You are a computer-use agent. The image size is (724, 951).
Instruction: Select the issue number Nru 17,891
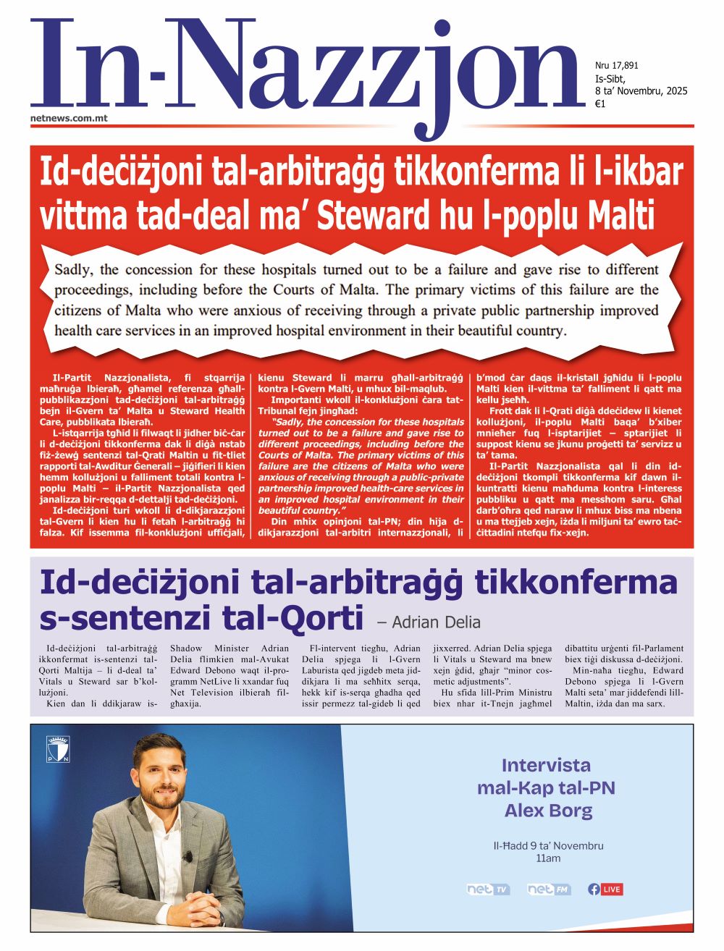pos(616,66)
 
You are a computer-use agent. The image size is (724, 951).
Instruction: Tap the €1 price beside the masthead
pos(599,104)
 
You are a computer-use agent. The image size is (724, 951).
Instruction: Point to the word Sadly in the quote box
pos(75,270)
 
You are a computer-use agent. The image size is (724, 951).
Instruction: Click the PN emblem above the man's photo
pos(58,750)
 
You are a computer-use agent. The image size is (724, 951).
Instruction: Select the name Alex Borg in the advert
pos(548,811)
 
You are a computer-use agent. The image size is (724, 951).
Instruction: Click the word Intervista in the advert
pos(546,765)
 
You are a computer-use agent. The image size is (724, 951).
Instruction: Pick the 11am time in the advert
pos(548,858)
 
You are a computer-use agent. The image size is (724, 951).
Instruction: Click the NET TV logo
pos(488,889)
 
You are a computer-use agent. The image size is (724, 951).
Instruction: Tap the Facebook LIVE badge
pos(605,889)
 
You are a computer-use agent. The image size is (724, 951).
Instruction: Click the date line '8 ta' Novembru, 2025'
pos(641,91)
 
